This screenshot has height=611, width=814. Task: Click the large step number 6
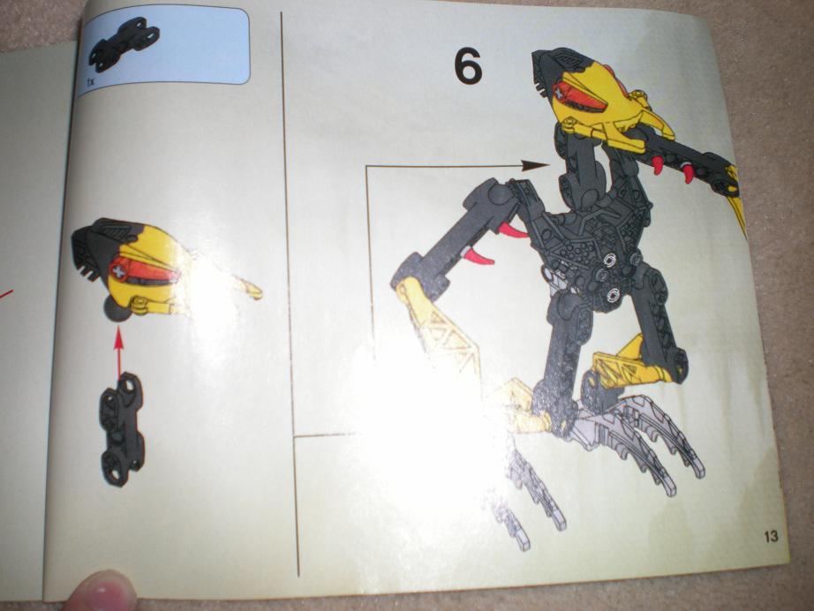pos(468,67)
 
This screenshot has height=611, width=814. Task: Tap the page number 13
pos(771,536)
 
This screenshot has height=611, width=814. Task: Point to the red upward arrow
pos(119,352)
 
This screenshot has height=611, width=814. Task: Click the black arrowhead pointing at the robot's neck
pos(534,166)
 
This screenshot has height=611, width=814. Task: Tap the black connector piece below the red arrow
pos(123,429)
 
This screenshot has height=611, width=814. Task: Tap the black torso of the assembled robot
pos(597,229)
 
